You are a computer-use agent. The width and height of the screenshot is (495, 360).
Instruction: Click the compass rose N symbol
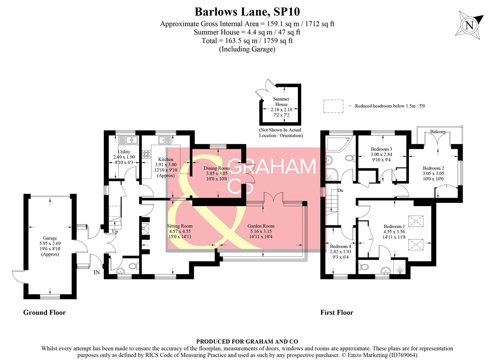coord(469,25)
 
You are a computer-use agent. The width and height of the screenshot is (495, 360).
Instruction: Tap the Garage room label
coord(50,238)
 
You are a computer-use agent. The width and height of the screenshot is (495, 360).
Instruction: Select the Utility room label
coord(124,152)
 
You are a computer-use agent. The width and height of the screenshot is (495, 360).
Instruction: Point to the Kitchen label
coord(166,159)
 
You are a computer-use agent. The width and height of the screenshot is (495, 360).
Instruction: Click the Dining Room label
coord(217,168)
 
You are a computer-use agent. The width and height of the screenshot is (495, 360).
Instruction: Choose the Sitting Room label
coord(180,226)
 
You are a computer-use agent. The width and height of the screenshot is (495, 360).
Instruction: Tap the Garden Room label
coord(261,226)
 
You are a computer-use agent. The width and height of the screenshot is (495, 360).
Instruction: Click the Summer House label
coord(281,101)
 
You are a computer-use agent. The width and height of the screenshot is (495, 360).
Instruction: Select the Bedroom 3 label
coord(381,149)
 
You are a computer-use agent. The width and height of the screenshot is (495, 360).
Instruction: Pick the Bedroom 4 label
coord(340,246)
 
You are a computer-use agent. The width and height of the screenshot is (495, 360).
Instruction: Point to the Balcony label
coord(438,132)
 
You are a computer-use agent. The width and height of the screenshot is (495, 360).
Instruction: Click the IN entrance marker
coord(97,272)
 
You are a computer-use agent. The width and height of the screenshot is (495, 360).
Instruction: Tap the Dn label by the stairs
coord(340,190)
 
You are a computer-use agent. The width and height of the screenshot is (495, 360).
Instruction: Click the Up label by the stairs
coord(115,231)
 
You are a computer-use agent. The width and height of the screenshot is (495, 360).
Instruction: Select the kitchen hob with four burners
coord(146,154)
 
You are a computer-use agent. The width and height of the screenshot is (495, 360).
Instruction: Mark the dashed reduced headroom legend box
coord(333,106)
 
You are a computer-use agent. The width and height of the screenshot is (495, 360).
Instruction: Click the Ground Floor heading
coord(44,312)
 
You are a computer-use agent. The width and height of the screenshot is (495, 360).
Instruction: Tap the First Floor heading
coord(337,312)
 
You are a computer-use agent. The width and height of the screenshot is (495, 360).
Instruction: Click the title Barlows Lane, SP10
coord(247,12)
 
